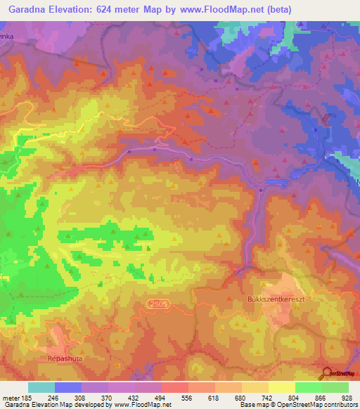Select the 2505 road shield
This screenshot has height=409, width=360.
[159, 302]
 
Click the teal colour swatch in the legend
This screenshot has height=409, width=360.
[41, 387]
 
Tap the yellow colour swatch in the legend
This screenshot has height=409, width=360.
[281, 387]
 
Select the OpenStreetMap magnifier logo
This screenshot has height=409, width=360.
[326, 374]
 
